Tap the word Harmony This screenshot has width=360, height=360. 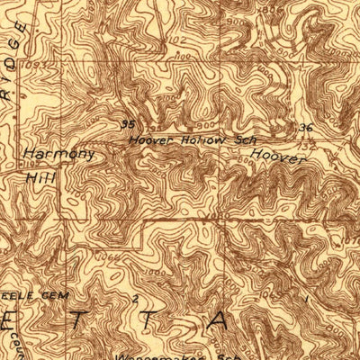tap(58, 154)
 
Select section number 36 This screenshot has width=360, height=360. tap(305, 128)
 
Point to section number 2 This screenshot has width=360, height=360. tap(136, 296)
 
